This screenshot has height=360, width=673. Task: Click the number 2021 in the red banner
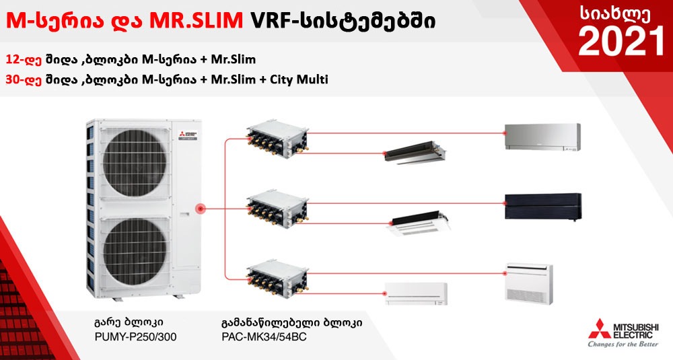pos(621,41)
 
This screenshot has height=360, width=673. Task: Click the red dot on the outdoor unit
pos(200,209)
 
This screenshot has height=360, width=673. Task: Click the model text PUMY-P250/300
pos(134,336)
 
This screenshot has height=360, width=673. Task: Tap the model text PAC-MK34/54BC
pos(264,336)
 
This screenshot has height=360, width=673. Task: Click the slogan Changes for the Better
pos(623,344)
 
